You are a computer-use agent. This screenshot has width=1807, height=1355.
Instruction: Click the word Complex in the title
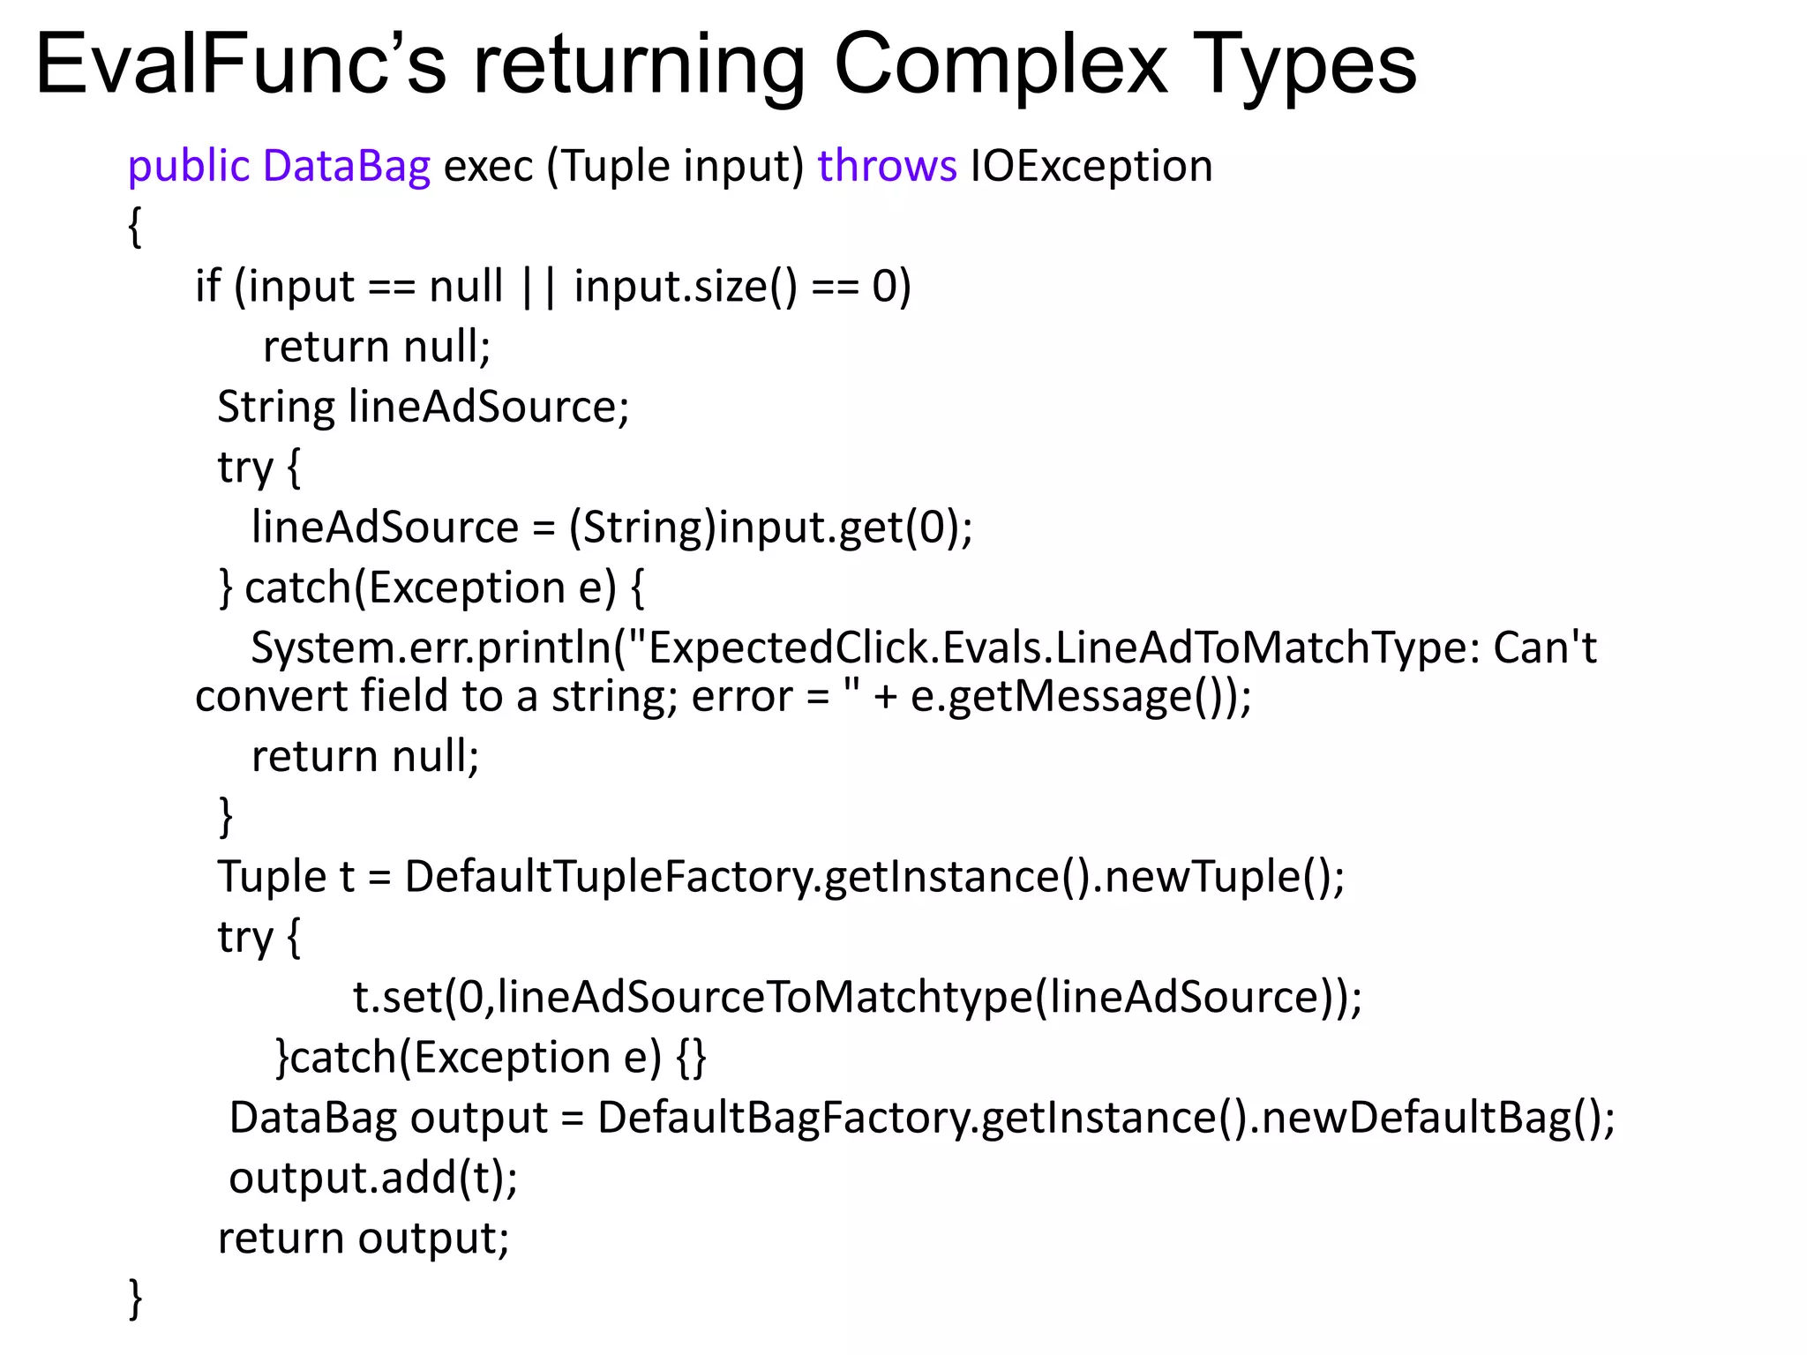click(1001, 65)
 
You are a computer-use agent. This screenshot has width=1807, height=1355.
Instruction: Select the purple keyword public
click(189, 167)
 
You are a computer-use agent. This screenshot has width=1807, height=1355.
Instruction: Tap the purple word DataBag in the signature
click(347, 167)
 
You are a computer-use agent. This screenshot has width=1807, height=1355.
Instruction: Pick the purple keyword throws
click(887, 167)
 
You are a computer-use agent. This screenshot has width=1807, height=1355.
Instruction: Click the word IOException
click(1091, 167)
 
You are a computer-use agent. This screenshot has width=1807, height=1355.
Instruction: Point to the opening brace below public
click(135, 228)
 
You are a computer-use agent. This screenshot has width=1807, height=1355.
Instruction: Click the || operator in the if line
click(538, 288)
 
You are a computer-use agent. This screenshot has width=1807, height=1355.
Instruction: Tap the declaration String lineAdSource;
click(424, 408)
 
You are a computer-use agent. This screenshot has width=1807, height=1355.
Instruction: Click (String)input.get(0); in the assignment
click(770, 528)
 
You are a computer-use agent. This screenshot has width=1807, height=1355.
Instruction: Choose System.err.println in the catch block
click(431, 648)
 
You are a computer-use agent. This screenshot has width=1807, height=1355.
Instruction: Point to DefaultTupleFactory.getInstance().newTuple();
click(874, 878)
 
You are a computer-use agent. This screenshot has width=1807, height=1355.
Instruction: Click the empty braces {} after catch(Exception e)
click(692, 1058)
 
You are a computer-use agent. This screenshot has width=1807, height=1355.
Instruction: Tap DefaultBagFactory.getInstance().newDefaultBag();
click(1106, 1119)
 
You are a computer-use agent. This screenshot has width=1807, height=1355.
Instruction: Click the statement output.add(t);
click(373, 1179)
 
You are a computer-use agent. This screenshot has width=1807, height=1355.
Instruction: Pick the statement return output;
click(364, 1239)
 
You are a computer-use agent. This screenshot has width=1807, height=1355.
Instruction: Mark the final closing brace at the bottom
click(135, 1299)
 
